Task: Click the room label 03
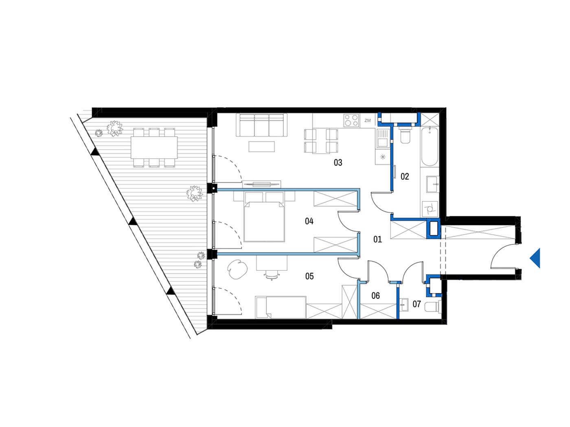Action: (x=338, y=163)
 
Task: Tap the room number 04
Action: (x=309, y=221)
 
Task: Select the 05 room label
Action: (x=309, y=277)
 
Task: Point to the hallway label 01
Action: (x=377, y=239)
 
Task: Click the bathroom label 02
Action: (x=405, y=176)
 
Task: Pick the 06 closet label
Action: (x=375, y=296)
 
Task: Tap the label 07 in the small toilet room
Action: (x=417, y=304)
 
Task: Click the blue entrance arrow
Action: (x=535, y=258)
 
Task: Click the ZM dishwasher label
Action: (x=368, y=120)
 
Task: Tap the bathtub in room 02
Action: (x=430, y=146)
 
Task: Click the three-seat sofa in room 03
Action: (x=261, y=125)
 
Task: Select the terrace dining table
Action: (x=154, y=148)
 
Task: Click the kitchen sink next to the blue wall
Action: (x=382, y=139)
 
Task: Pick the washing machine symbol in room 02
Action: (x=430, y=209)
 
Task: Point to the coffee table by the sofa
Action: (x=261, y=146)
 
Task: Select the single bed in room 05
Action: (x=281, y=307)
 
